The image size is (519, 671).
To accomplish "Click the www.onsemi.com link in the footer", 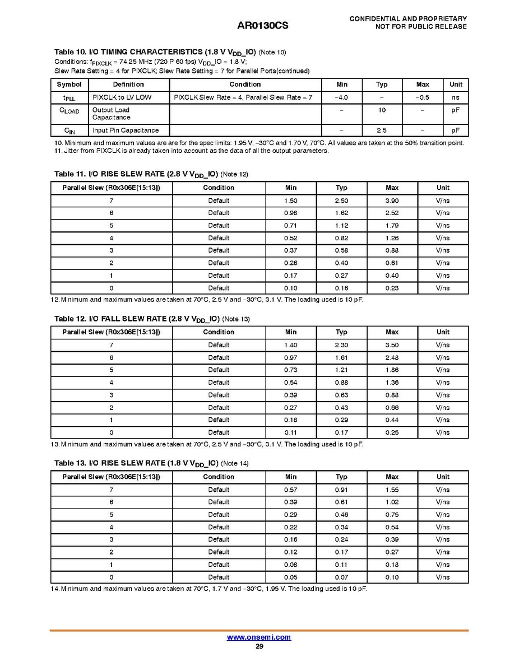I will click(x=259, y=637).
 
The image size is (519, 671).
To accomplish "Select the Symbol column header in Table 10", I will click(x=69, y=85).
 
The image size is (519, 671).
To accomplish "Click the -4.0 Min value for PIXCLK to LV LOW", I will click(x=341, y=97).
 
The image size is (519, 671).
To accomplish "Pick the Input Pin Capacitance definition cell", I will click(x=126, y=131).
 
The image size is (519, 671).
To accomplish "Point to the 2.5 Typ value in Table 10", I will click(x=382, y=131).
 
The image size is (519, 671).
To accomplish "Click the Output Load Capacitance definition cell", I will click(x=111, y=114).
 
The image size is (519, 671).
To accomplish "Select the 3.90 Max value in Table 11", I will click(x=392, y=201).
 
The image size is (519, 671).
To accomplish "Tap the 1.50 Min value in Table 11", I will click(x=290, y=201).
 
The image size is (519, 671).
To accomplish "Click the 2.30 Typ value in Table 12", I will click(x=341, y=345).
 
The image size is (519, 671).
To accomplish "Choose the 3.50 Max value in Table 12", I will click(x=392, y=345).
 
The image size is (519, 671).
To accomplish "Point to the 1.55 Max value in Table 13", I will click(x=392, y=490).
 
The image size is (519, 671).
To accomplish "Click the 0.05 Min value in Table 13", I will click(x=290, y=577).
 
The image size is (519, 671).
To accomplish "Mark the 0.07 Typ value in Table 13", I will click(x=341, y=577).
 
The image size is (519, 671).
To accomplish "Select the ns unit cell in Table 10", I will click(x=456, y=97).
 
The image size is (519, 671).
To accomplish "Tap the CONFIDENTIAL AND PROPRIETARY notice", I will click(x=408, y=19).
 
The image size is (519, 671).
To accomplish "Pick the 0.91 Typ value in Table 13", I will click(x=341, y=490).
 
